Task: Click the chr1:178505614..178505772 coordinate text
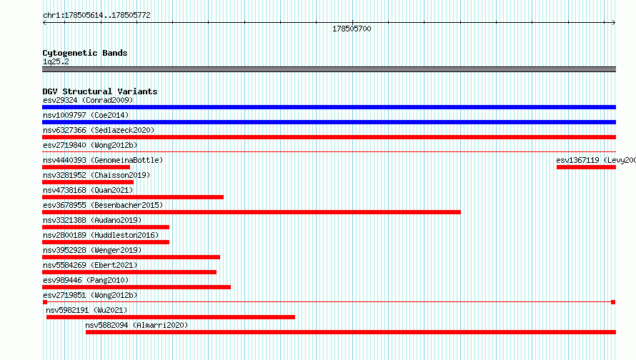(96, 15)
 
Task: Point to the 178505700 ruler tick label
(352, 29)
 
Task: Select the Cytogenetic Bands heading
(85, 53)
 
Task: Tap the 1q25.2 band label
(56, 61)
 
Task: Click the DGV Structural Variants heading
(100, 91)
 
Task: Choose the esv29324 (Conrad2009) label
(88, 100)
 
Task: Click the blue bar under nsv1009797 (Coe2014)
(329, 122)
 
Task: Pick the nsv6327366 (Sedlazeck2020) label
(99, 130)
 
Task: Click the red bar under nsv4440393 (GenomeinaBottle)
(86, 167)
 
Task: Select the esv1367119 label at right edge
(596, 160)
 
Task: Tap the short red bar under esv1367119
(586, 167)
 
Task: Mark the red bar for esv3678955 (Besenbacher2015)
(252, 212)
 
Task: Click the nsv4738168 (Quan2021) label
(88, 190)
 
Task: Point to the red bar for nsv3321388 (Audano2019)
(106, 227)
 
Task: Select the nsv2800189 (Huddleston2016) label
(101, 235)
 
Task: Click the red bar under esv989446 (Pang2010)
(136, 287)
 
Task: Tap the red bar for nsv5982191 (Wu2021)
(171, 317)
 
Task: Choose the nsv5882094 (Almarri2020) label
(136, 325)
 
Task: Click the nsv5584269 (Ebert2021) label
(90, 265)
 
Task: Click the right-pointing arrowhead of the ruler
(614, 23)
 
